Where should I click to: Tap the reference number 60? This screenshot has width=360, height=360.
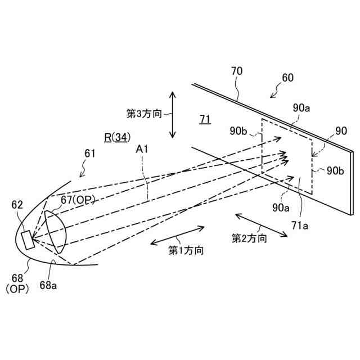pyautogui.click(x=287, y=78)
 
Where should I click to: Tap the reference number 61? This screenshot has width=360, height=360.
pyautogui.click(x=90, y=153)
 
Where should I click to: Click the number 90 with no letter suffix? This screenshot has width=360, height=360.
pyautogui.click(x=341, y=131)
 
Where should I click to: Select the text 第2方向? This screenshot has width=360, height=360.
pyautogui.click(x=249, y=238)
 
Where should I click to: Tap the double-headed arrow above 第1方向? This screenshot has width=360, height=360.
pyautogui.click(x=177, y=235)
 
